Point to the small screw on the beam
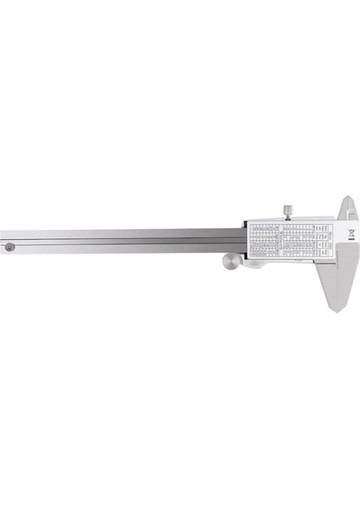9,247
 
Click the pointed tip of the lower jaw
338,310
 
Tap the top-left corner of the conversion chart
250,222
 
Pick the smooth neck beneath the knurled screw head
288,215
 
